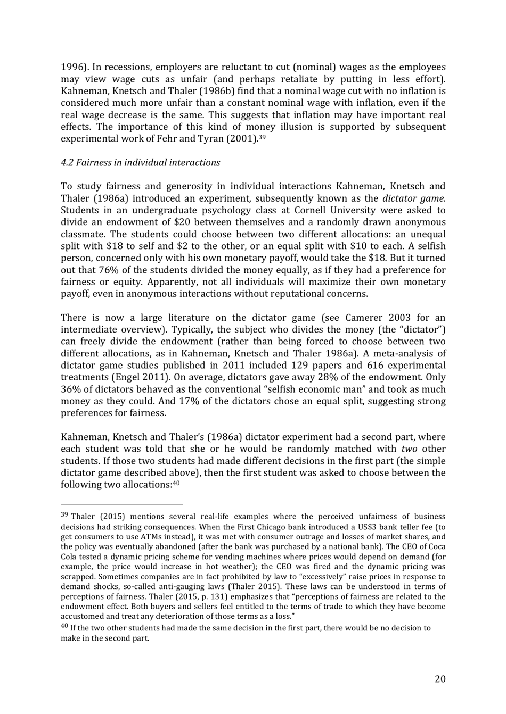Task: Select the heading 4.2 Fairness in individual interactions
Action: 141,162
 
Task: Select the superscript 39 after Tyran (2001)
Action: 262,136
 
